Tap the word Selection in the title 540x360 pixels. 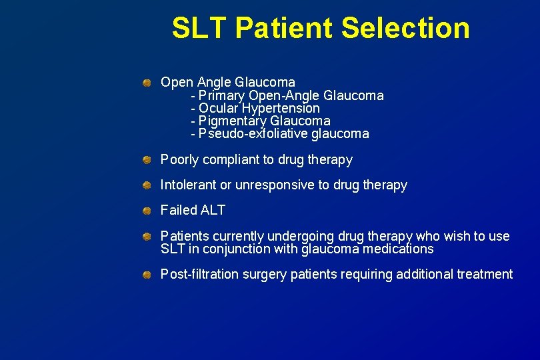[405, 28]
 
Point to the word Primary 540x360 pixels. [222, 95]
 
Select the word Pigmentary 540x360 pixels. [232, 121]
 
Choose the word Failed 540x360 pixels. [179, 211]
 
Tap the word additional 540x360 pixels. [425, 275]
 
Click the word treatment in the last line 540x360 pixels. [485, 275]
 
